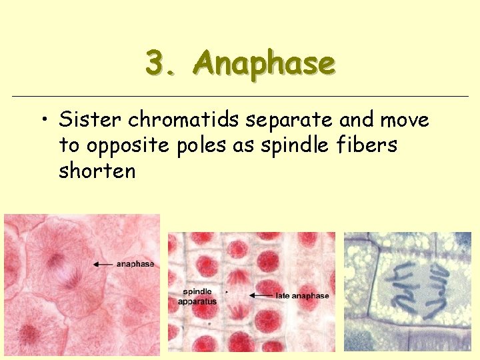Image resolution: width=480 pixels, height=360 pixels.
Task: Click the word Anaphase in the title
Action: [x=264, y=64]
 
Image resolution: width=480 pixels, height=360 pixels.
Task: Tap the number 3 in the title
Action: [x=156, y=64]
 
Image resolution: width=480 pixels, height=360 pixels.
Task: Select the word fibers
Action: [x=367, y=145]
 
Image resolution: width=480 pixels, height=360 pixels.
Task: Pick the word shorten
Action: [x=97, y=171]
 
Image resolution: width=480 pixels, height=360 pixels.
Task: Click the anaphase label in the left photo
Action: [x=135, y=264]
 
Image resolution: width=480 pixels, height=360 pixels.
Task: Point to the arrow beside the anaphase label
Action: [x=103, y=264]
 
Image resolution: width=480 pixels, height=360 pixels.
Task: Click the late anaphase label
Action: [x=303, y=295]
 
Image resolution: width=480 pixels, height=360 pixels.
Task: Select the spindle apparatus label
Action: [x=197, y=297]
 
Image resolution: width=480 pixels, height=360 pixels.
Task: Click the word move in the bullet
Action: [x=405, y=121]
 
